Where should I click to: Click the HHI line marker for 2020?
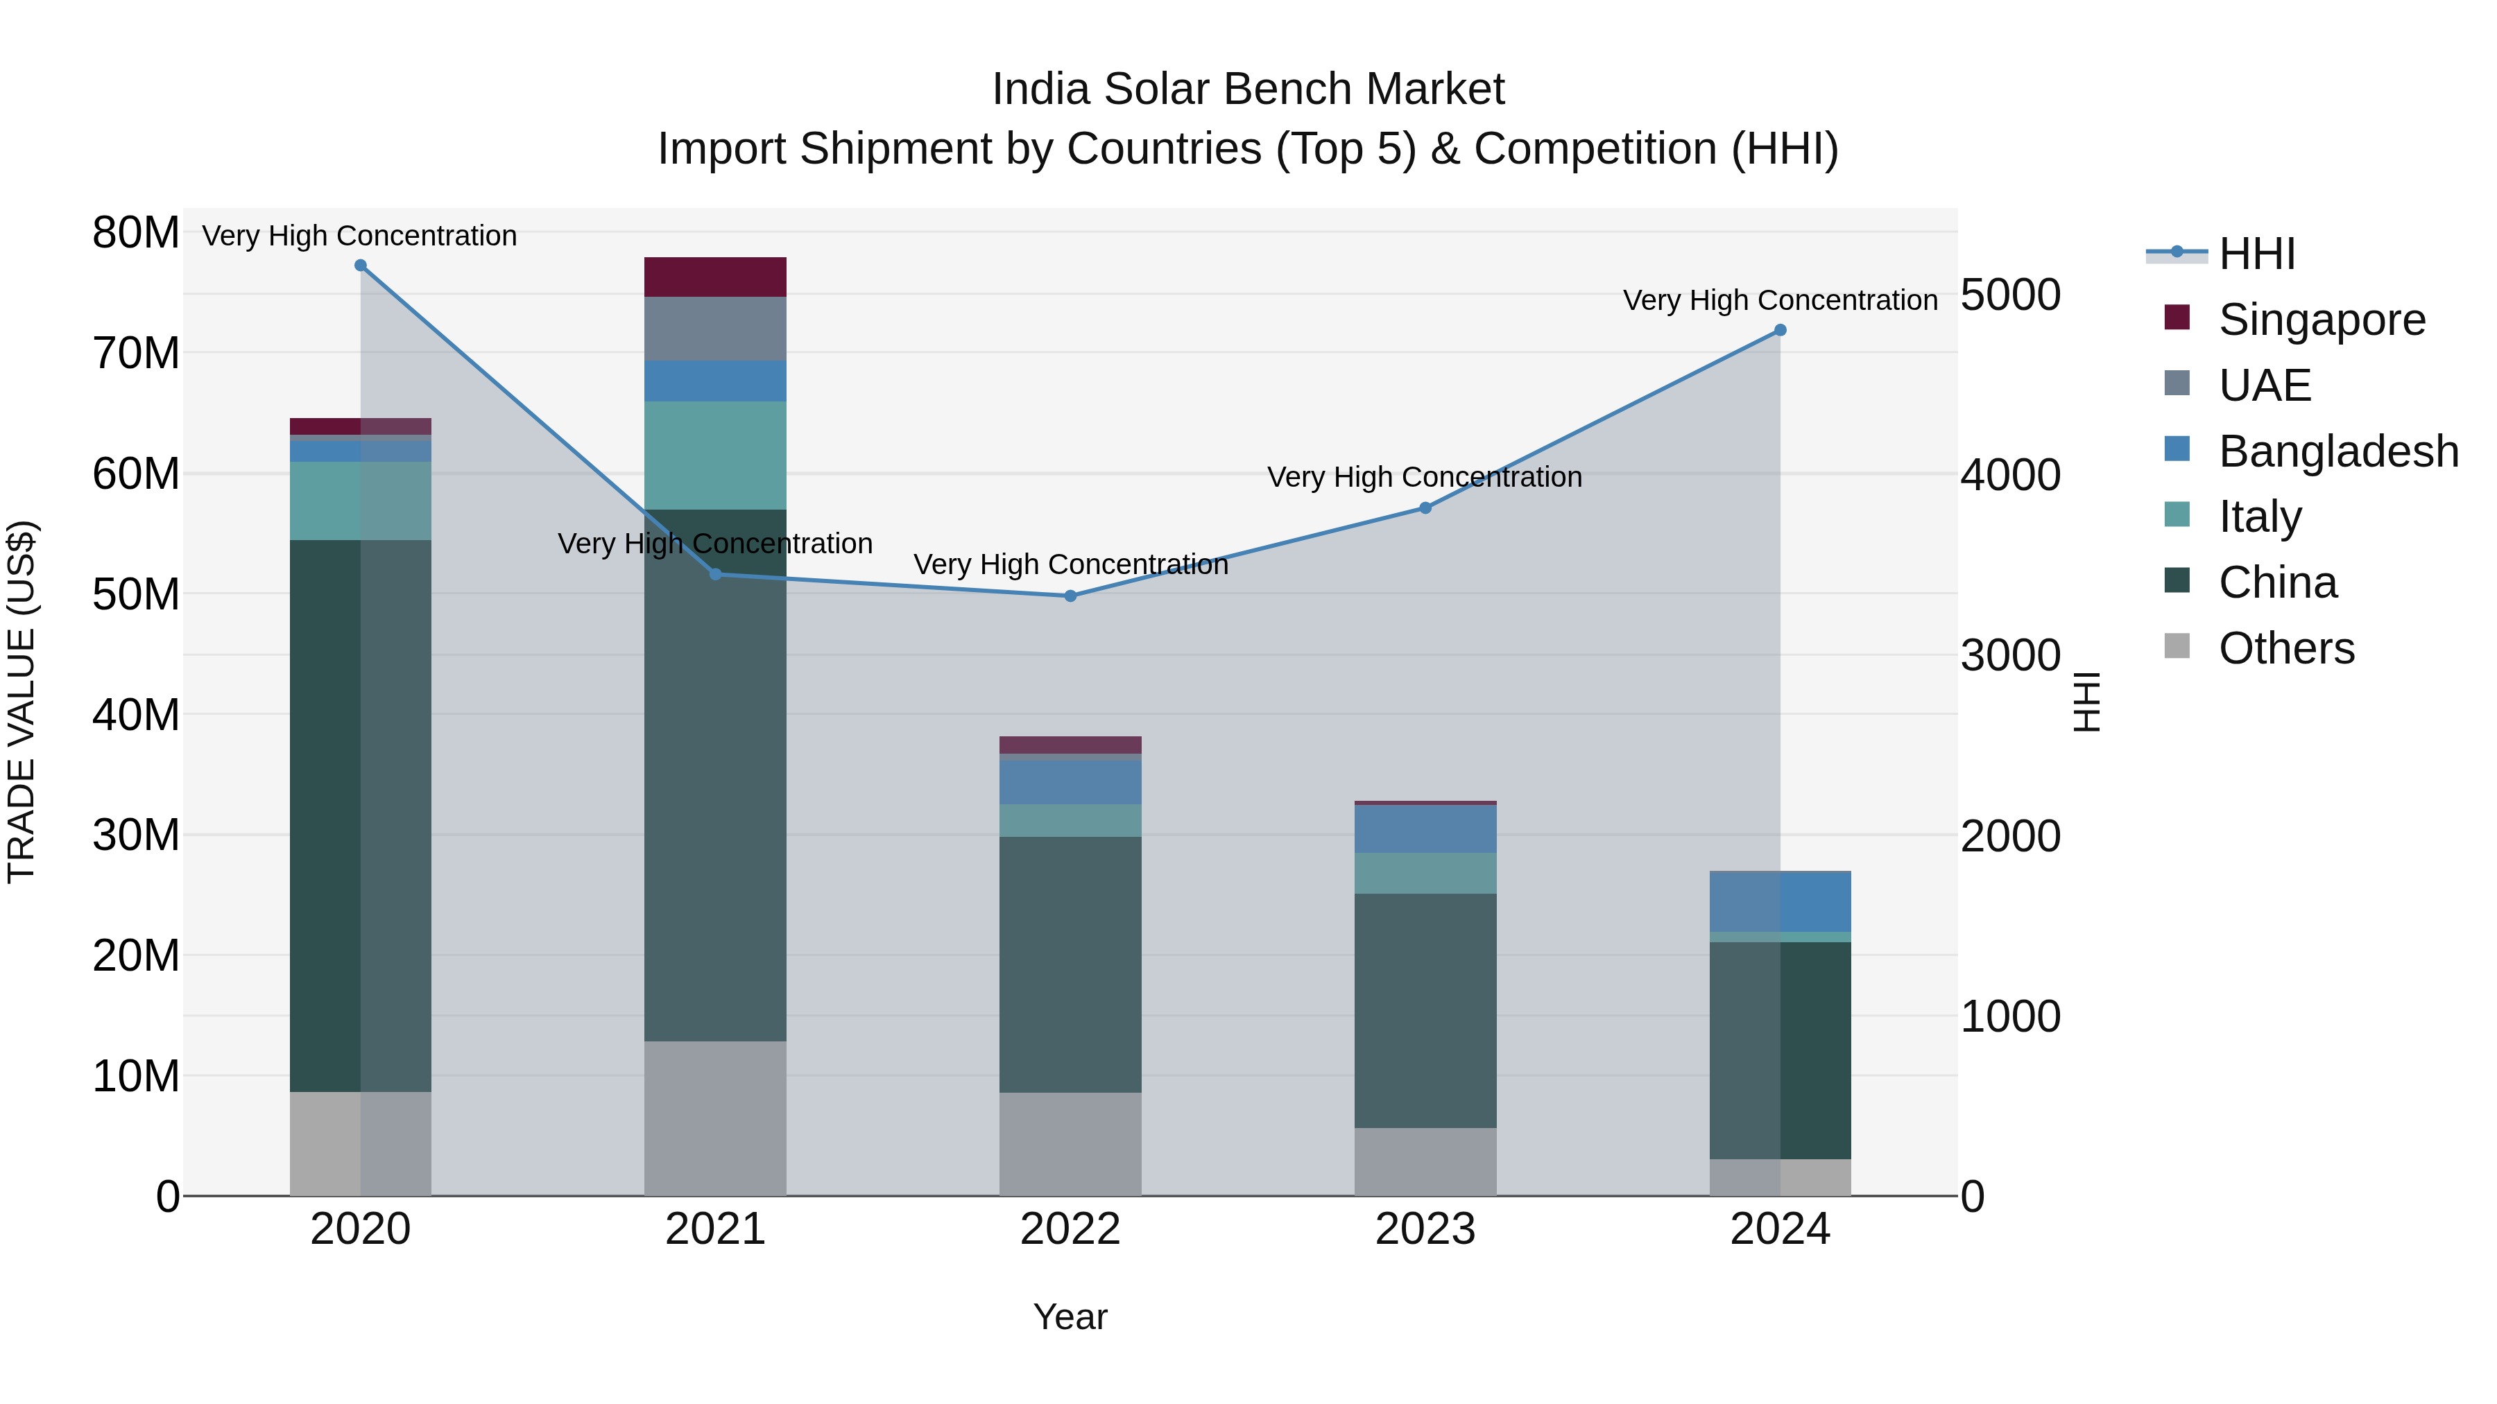pyautogui.click(x=361, y=266)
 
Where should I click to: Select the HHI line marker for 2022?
pyautogui.click(x=1070, y=596)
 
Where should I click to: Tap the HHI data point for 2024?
pyautogui.click(x=1780, y=331)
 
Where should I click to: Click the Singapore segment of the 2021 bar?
pyautogui.click(x=715, y=277)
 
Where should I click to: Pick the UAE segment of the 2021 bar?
pyautogui.click(x=715, y=329)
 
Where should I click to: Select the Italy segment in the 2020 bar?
pyautogui.click(x=361, y=501)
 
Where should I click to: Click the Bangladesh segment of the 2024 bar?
pyautogui.click(x=1780, y=902)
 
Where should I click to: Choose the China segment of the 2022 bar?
pyautogui.click(x=1070, y=964)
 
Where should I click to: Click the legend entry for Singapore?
pyautogui.click(x=2322, y=320)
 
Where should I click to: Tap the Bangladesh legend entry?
pyautogui.click(x=2338, y=451)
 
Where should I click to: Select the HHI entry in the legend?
pyautogui.click(x=2256, y=254)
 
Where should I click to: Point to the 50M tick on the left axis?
pyautogui.click(x=136, y=594)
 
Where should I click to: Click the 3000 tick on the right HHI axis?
pyautogui.click(x=2010, y=656)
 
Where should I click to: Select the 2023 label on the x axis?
pyautogui.click(x=1425, y=1229)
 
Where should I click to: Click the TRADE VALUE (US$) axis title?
pyautogui.click(x=22, y=702)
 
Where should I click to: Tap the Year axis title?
pyautogui.click(x=1070, y=1317)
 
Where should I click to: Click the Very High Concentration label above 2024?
pyautogui.click(x=1780, y=300)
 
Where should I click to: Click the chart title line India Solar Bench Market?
pyautogui.click(x=1248, y=89)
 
